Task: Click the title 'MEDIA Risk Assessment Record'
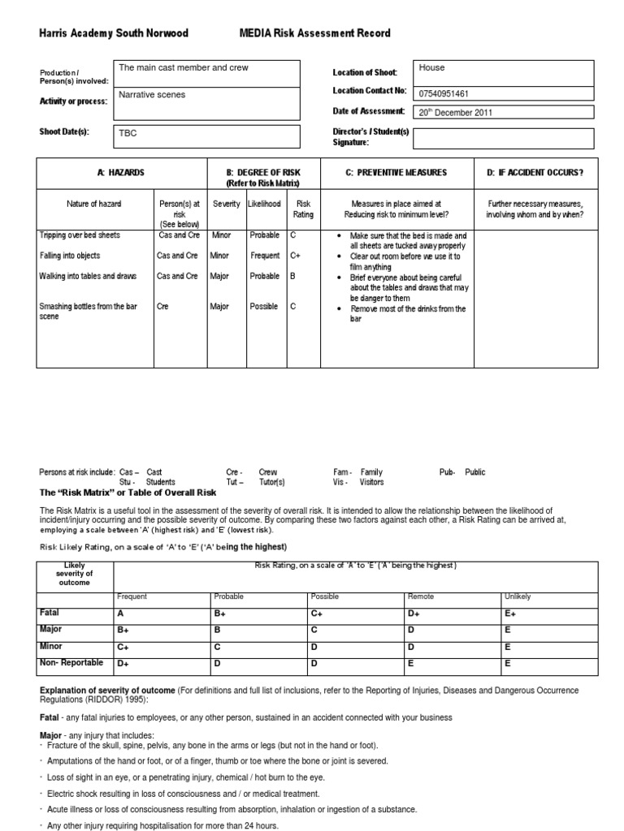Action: [314, 33]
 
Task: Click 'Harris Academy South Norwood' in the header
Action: [114, 33]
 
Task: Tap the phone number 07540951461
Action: [445, 93]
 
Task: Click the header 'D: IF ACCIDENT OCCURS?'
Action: [535, 173]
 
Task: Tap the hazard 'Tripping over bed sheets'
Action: [80, 235]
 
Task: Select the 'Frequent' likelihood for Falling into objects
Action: [265, 255]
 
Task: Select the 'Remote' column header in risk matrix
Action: [420, 596]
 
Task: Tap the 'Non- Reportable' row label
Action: [71, 663]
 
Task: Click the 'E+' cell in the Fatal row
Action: [510, 614]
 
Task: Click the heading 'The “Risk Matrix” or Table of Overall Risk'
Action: [128, 493]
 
